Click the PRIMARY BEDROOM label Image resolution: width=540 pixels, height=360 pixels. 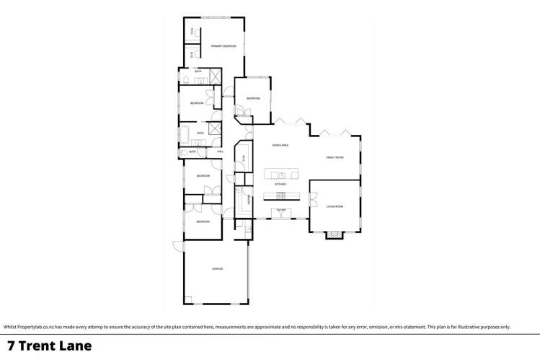(223, 46)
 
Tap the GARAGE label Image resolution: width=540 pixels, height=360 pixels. (217, 269)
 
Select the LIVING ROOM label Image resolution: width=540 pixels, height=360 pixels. (335, 206)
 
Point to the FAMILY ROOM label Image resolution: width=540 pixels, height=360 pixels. (335, 157)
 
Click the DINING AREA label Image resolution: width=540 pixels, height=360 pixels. (280, 146)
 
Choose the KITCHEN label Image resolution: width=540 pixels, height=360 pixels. (280, 185)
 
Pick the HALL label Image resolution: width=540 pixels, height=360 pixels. (220, 152)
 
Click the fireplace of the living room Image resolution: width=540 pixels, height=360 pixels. (334, 234)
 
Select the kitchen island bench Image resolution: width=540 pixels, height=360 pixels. (281, 175)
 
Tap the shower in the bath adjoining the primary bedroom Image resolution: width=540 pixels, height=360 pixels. (214, 76)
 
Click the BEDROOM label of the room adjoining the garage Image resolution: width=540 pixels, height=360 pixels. (203, 221)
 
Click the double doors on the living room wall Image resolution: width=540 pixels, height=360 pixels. (312, 200)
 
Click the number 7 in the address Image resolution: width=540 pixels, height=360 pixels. (10, 346)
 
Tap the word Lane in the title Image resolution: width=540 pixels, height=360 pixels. (79, 346)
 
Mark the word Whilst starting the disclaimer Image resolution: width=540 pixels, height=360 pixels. (10, 327)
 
